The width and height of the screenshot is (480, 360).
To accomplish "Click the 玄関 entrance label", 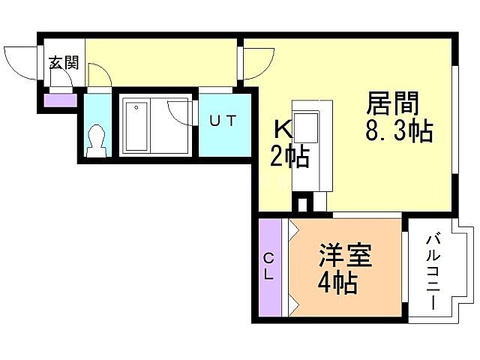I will (x=64, y=63).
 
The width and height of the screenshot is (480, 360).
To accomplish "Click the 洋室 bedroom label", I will (x=345, y=257).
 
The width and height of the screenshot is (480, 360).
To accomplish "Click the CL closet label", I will (x=268, y=266).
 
